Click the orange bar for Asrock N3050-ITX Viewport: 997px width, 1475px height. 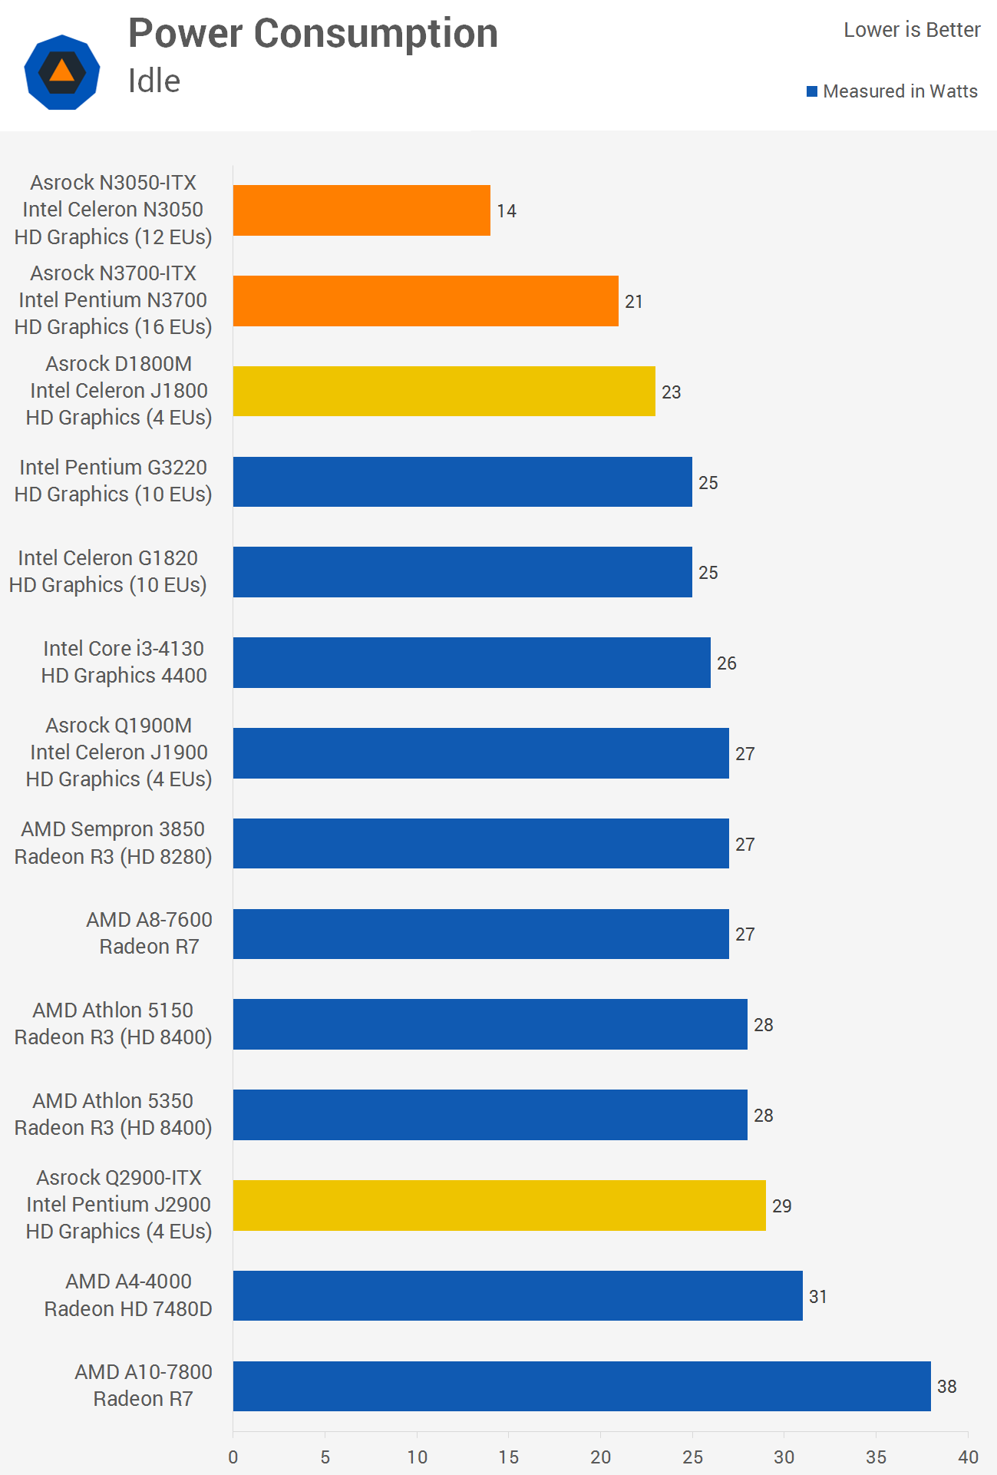pos(361,210)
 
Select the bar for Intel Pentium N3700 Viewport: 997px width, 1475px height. pos(425,301)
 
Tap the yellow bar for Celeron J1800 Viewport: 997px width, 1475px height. pos(444,392)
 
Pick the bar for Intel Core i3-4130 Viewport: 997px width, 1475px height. pos(471,663)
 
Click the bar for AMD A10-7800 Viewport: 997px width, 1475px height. pos(582,1386)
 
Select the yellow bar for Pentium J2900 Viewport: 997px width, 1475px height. pos(499,1205)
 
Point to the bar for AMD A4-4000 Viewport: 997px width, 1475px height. pos(517,1296)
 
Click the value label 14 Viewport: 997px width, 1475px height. pos(507,211)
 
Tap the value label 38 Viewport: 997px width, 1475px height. pos(946,1387)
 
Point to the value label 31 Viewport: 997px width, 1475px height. pos(818,1297)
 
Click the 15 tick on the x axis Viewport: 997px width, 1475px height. pos(509,1457)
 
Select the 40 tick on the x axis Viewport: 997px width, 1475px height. pos(968,1457)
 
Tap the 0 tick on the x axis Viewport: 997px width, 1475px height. pos(233,1457)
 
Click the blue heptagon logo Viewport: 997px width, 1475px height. pos(62,72)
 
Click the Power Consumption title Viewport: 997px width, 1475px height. pos(313,34)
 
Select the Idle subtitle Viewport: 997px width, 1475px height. pos(154,81)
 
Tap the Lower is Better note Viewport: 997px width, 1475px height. pos(912,30)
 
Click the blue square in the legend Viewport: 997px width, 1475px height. pos(812,92)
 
